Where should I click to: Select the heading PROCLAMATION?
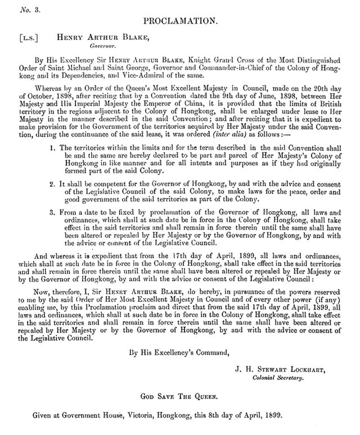[180, 21]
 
